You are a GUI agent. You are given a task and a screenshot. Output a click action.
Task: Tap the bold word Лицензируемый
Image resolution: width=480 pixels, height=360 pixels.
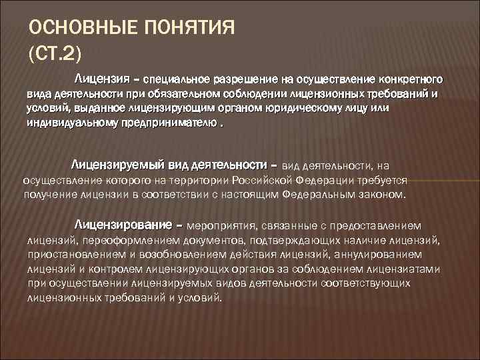pyautogui.click(x=113, y=165)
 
